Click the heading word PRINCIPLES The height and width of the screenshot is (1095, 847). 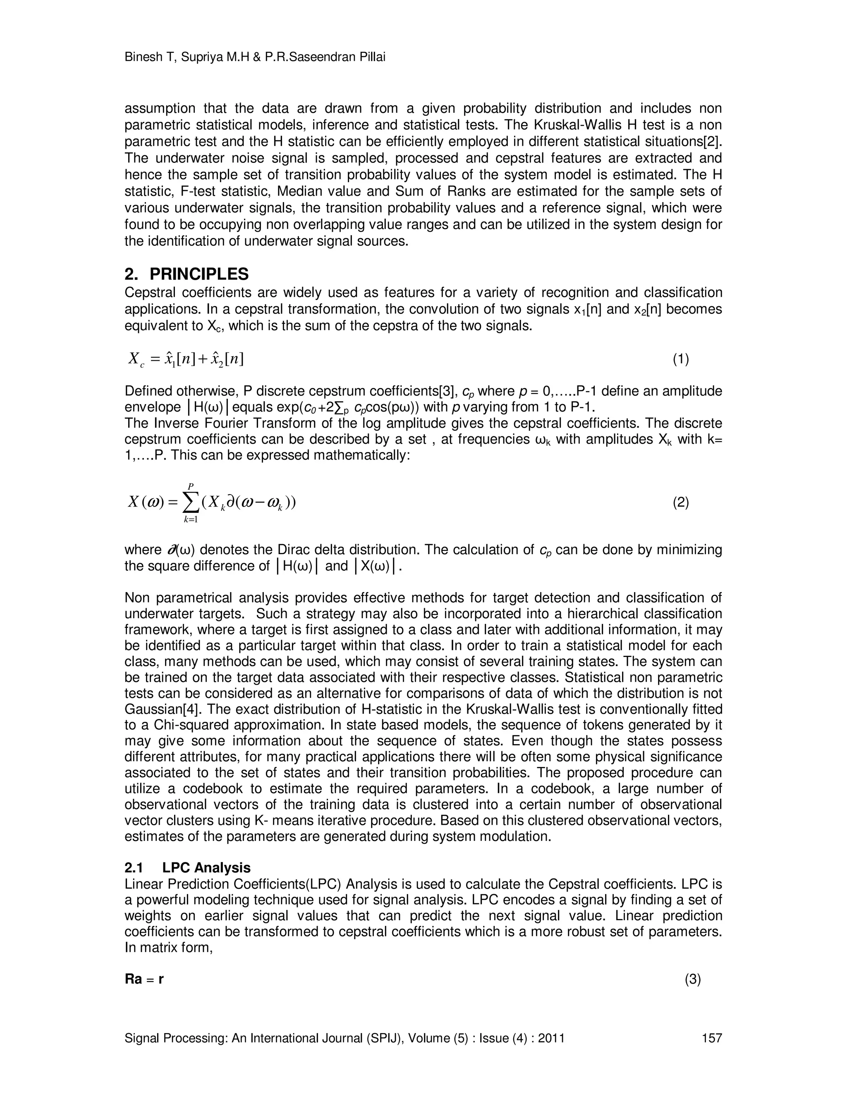pos(199,274)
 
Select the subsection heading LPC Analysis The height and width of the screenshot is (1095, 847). pos(206,868)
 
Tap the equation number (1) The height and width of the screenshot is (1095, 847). pos(680,359)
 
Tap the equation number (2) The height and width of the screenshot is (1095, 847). pos(680,502)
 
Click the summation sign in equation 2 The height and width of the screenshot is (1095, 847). pos(191,503)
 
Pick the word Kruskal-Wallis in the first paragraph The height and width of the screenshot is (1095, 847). pos(583,125)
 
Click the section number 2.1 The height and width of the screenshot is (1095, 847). pos(134,868)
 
